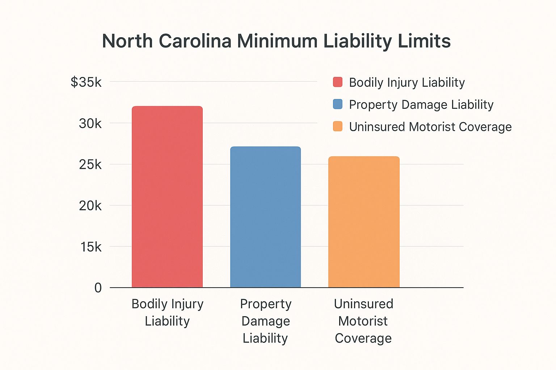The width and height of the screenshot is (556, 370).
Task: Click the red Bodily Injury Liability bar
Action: click(167, 197)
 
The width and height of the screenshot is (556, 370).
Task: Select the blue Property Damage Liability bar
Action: click(265, 217)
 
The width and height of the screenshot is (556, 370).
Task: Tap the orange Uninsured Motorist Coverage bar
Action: click(364, 222)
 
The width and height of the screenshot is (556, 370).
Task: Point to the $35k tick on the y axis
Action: click(86, 82)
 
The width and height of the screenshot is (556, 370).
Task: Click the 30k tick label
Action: click(90, 124)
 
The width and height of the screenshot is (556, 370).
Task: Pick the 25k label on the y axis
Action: click(90, 164)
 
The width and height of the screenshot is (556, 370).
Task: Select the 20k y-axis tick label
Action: click(90, 206)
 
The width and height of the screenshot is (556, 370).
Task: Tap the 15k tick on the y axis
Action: click(91, 247)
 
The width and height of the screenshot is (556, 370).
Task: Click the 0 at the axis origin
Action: click(98, 288)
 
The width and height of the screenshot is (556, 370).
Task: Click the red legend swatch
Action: click(338, 82)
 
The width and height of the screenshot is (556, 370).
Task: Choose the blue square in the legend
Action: click(338, 104)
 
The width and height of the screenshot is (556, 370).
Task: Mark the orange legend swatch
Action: click(338, 126)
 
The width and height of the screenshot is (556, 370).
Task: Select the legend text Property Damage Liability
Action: click(421, 104)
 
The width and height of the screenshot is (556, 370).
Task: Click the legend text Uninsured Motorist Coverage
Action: click(430, 127)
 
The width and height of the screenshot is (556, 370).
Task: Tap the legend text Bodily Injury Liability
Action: click(407, 82)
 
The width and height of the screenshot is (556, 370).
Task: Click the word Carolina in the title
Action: click(195, 41)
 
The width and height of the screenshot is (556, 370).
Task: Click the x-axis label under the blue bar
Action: click(265, 321)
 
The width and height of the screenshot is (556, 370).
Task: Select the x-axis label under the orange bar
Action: click(363, 321)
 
